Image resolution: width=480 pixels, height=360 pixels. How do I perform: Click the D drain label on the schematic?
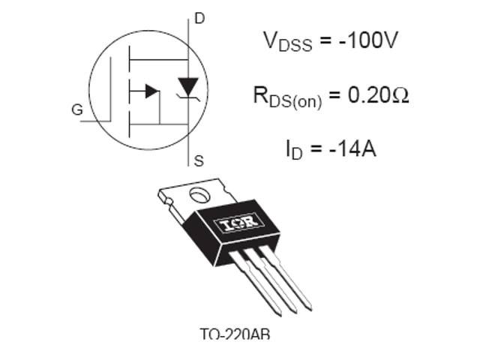(x=199, y=18)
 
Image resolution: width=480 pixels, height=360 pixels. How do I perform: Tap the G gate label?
(x=77, y=110)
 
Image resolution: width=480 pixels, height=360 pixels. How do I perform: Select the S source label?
(x=199, y=160)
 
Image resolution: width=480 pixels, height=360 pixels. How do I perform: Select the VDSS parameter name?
(x=288, y=41)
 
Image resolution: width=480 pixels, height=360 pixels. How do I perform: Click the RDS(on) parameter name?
(x=287, y=97)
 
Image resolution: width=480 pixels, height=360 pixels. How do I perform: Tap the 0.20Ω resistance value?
(x=372, y=95)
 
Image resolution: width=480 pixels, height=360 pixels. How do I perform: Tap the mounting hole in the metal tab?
(x=199, y=196)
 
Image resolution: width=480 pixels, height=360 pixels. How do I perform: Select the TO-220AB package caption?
(x=234, y=334)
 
